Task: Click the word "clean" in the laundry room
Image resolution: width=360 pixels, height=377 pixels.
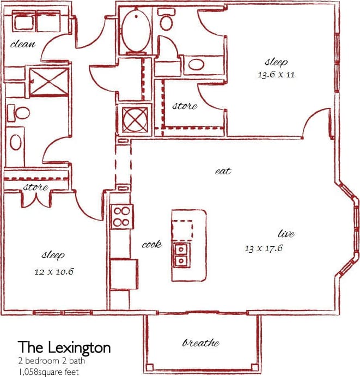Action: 23,44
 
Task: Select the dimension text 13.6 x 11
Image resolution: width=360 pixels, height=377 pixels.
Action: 276,75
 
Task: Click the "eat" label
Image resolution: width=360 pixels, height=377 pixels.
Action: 223,171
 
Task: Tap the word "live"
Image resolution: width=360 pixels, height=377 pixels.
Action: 286,234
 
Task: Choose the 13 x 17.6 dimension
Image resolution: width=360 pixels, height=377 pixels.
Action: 263,248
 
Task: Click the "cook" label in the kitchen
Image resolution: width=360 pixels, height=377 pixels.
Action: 151,245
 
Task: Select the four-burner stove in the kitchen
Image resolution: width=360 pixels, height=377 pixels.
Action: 121,216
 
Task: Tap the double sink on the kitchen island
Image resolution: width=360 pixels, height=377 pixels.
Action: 181,254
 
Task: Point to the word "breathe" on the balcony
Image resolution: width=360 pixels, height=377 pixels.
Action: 201,343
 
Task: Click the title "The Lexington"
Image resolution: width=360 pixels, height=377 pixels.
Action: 64,347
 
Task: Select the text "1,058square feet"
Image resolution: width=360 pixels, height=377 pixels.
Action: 48,372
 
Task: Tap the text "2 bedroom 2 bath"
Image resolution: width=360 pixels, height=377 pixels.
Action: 51,361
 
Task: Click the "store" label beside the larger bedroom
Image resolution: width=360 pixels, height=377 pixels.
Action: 185,106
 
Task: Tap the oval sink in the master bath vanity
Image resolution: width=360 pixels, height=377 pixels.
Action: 196,66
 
